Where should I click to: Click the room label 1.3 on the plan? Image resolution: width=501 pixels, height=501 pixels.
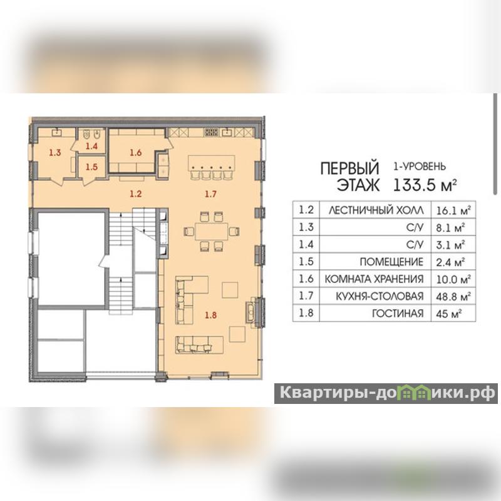(x=55, y=152)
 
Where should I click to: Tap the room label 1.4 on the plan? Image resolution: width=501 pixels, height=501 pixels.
(x=91, y=147)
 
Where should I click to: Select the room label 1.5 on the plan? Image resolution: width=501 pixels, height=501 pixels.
(x=91, y=167)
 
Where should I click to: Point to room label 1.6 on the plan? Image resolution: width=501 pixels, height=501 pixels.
(x=135, y=153)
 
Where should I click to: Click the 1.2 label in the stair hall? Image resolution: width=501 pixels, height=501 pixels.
(x=135, y=194)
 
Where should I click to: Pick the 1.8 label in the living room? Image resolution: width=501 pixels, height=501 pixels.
(x=211, y=316)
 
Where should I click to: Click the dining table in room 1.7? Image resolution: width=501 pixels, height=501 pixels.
(x=211, y=231)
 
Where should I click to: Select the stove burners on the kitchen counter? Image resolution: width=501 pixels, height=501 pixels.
(x=211, y=132)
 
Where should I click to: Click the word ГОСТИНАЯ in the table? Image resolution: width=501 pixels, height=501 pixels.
(x=398, y=314)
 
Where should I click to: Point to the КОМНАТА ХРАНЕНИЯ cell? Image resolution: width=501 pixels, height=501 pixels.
(x=374, y=279)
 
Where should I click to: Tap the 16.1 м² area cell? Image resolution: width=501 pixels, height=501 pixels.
(x=453, y=210)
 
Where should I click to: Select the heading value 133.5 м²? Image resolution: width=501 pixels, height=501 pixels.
(x=425, y=185)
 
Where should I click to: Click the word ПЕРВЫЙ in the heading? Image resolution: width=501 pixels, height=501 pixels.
(x=349, y=168)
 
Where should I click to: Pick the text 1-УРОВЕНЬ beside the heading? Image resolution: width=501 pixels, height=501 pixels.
(x=419, y=166)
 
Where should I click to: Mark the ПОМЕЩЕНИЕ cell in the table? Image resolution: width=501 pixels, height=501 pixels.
(x=391, y=262)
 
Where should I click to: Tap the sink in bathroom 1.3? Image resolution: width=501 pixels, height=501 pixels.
(x=57, y=132)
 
